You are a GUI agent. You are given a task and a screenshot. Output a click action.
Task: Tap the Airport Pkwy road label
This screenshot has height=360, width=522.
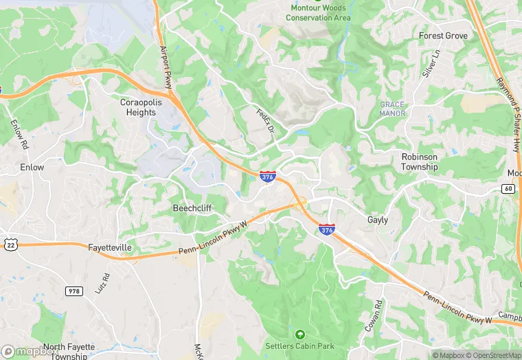point(166,67)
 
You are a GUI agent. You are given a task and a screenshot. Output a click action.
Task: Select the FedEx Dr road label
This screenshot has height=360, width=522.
point(265,121)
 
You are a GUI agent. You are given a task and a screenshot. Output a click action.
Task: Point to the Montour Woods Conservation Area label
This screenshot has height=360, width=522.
point(318,13)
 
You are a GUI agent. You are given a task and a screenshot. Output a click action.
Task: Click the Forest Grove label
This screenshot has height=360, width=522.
point(443,36)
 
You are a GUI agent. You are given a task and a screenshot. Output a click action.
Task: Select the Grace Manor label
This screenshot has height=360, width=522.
point(392,109)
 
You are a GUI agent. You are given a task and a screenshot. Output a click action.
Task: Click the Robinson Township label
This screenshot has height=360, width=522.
point(420,161)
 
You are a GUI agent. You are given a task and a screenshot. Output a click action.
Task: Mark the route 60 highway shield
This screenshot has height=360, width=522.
point(508,188)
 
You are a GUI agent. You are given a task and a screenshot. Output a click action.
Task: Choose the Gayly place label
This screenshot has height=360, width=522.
point(378,220)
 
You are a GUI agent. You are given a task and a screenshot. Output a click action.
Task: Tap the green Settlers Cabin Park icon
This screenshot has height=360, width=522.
point(299,335)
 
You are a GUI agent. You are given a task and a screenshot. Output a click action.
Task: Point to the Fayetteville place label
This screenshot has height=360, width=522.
point(110,247)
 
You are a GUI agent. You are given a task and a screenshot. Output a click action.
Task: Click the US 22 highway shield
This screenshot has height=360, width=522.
point(10,243)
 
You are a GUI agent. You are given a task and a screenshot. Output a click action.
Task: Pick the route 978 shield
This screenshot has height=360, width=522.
point(74,291)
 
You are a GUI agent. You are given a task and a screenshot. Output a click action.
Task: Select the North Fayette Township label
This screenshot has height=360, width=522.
point(69,351)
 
